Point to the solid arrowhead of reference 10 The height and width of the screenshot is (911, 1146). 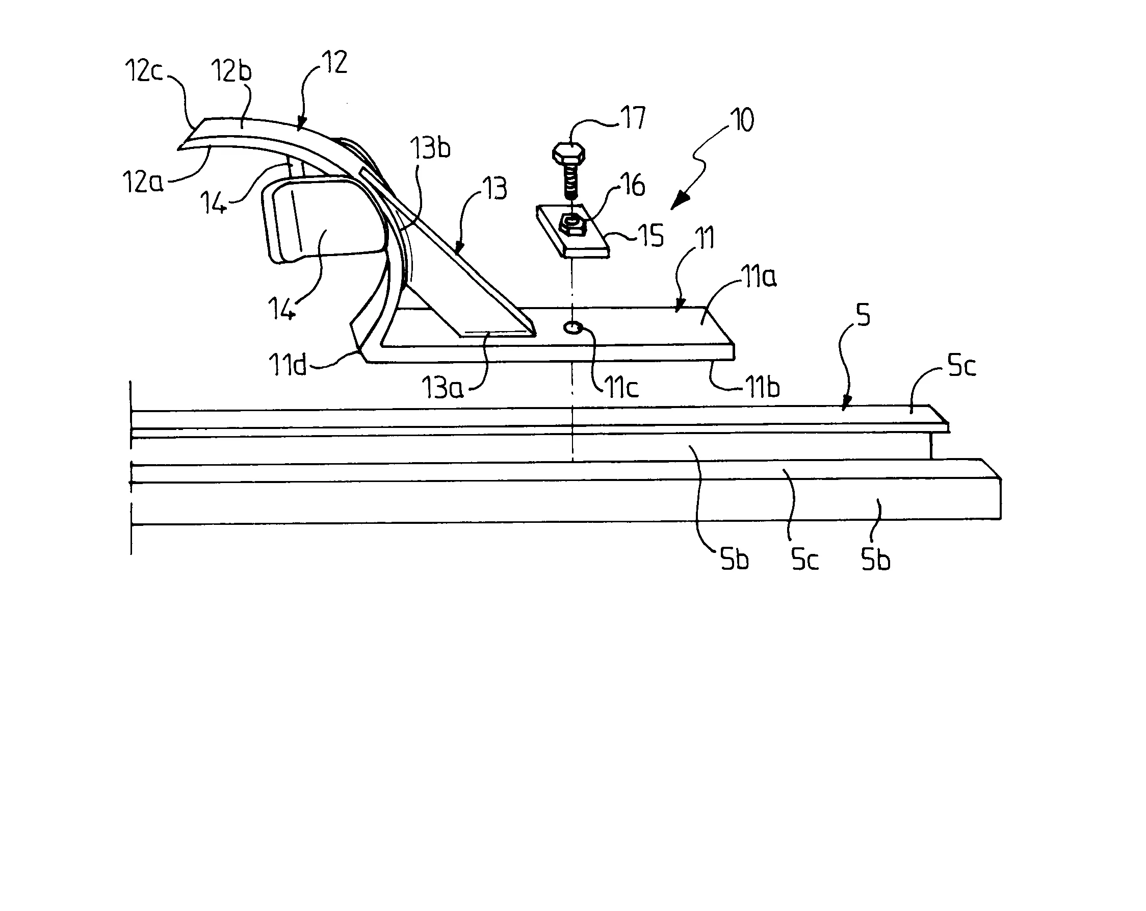pyautogui.click(x=680, y=203)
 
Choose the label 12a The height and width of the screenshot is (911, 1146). pyautogui.click(x=142, y=182)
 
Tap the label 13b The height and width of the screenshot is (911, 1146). pyautogui.click(x=431, y=147)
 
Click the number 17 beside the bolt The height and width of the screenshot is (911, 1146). pyautogui.click(x=633, y=118)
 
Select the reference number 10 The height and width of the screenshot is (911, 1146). pyautogui.click(x=743, y=121)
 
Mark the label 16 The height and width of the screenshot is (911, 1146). pyautogui.click(x=633, y=185)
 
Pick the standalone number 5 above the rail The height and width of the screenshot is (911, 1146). pyautogui.click(x=864, y=316)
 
